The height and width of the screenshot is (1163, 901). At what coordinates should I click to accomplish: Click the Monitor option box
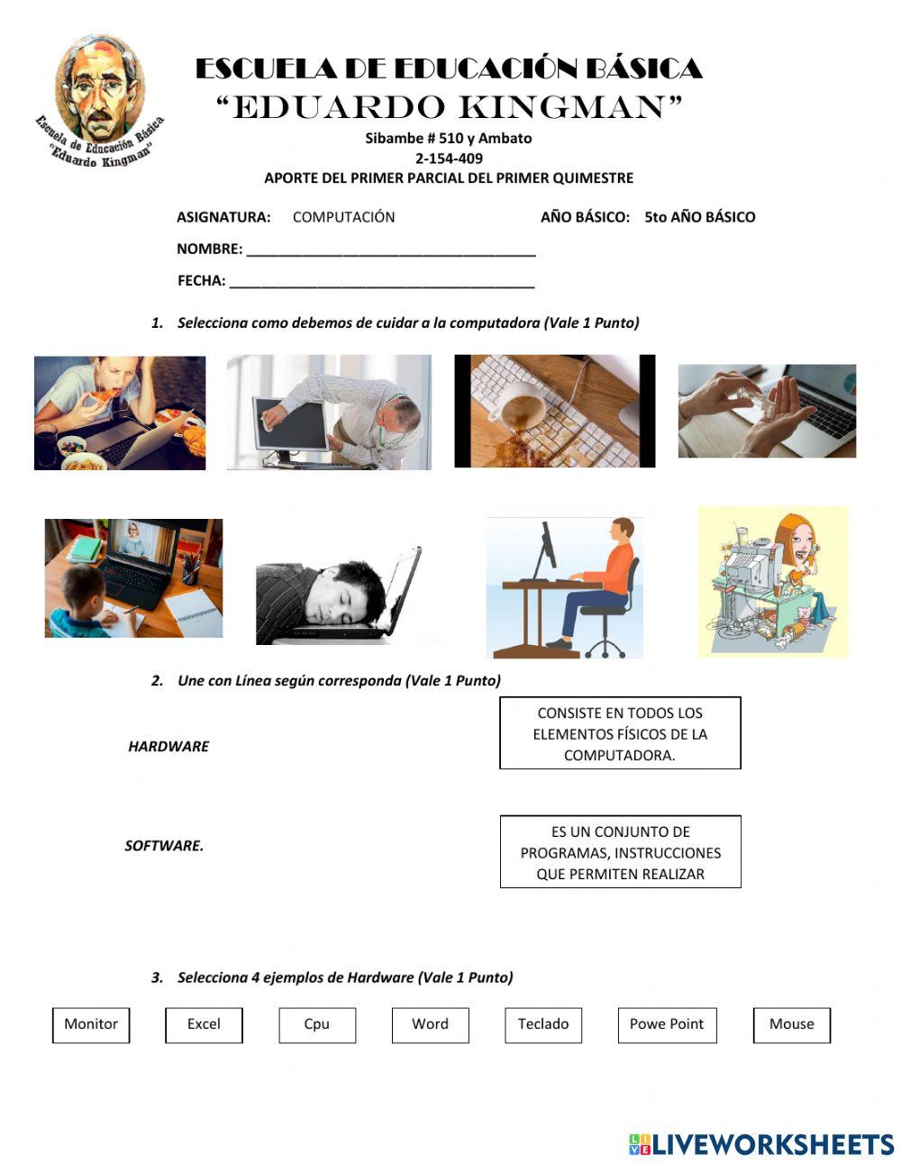[91, 1025]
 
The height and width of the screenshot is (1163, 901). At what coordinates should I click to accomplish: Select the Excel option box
[204, 1025]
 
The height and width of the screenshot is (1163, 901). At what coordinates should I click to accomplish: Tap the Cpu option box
[317, 1025]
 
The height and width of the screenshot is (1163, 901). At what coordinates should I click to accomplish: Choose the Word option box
[430, 1025]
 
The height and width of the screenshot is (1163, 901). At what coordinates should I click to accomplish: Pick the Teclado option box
[543, 1025]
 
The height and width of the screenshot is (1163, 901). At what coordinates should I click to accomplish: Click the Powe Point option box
[667, 1025]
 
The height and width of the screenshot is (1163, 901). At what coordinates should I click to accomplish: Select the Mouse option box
[791, 1025]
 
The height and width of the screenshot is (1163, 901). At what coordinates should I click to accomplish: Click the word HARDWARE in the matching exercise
[168, 747]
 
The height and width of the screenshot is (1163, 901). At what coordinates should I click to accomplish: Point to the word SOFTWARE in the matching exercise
[164, 846]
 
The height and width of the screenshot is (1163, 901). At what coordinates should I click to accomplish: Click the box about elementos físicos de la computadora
[620, 733]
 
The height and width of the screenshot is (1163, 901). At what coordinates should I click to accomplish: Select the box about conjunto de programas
[620, 852]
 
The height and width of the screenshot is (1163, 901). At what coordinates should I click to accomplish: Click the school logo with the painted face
[99, 100]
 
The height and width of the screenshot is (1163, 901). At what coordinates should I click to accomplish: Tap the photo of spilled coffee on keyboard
[554, 411]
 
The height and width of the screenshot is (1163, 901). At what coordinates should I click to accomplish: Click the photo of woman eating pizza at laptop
[120, 413]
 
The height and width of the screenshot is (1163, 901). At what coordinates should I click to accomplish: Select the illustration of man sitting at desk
[565, 586]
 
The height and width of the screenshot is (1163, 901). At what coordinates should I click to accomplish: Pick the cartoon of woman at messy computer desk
[772, 581]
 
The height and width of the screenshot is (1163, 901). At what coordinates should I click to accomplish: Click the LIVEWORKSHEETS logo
[760, 1144]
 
